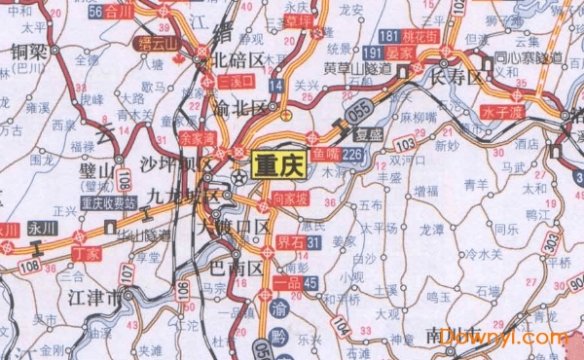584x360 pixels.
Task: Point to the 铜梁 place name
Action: tap(30, 51)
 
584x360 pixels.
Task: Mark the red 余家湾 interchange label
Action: tap(198, 138)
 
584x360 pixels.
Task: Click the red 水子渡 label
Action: tap(504, 111)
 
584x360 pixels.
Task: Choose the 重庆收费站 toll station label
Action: tap(109, 203)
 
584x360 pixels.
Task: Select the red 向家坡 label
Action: tap(291, 198)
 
